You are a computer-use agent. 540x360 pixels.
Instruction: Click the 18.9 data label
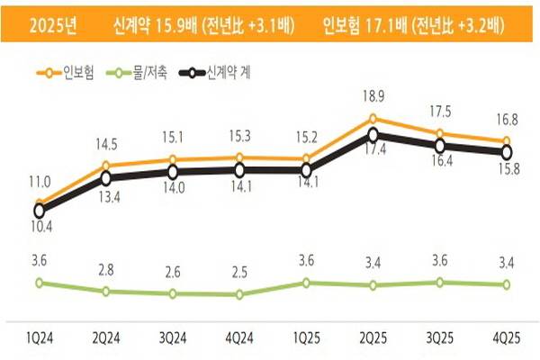pos(373,96)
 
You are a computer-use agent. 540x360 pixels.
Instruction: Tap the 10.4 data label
pos(40,228)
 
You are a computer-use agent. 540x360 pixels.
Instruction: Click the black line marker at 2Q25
pos(373,136)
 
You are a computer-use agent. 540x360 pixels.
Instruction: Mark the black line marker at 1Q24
pos(40,211)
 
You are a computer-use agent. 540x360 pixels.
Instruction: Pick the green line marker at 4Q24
pos(239,294)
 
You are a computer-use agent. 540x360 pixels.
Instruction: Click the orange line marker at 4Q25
pos(507,141)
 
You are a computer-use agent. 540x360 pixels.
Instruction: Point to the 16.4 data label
pos(440,162)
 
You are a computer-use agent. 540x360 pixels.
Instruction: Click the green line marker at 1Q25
pos(306,283)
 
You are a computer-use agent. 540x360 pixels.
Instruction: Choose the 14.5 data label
pos(106,144)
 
